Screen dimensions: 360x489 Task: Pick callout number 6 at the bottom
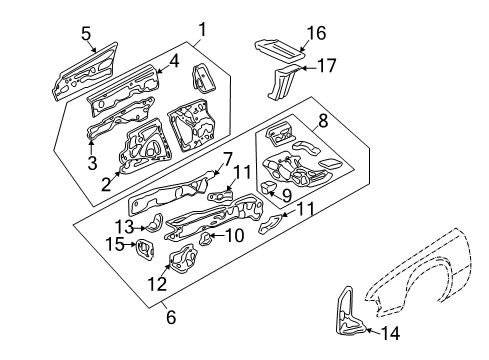point(169,317)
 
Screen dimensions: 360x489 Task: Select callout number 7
point(227,157)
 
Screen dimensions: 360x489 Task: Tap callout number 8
point(323,122)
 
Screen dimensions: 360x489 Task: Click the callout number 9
point(286,196)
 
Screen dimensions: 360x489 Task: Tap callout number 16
point(315,33)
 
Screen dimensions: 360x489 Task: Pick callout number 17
point(326,68)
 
